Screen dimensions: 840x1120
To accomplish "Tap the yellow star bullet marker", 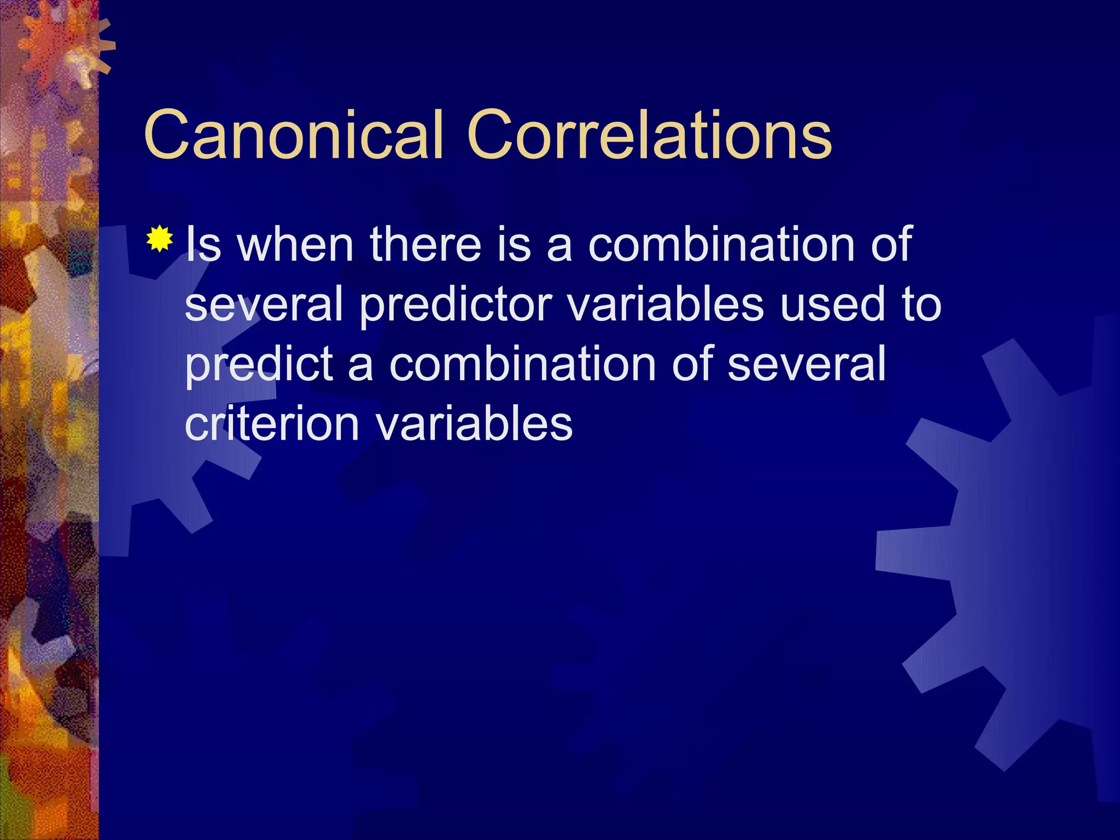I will (160, 239).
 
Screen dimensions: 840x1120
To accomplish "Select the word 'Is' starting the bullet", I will (203, 244).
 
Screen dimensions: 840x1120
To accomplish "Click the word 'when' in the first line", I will (295, 244).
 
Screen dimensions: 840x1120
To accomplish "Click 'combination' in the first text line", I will (721, 244).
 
